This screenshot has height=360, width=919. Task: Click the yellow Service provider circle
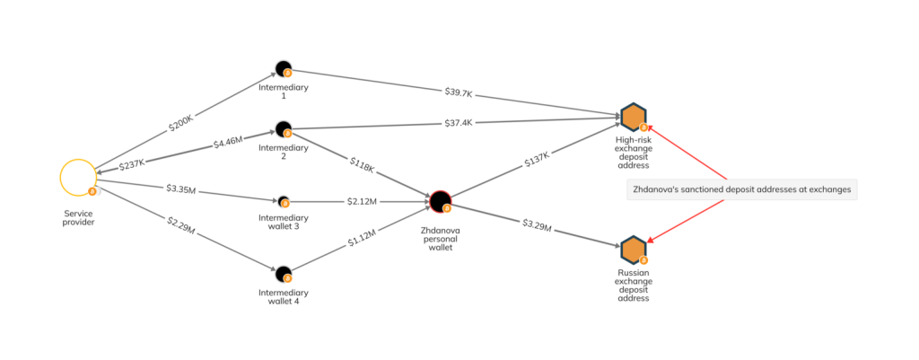click(77, 176)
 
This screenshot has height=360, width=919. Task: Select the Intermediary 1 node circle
click(283, 69)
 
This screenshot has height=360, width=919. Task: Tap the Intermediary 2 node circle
click(283, 128)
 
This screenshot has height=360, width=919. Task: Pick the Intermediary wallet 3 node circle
click(284, 201)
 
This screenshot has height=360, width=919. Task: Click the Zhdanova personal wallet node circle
click(439, 201)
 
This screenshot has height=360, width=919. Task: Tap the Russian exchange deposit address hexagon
click(633, 250)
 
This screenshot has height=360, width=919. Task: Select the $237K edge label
click(129, 162)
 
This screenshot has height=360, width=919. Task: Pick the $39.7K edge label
click(459, 92)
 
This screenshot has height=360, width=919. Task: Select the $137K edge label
click(536, 160)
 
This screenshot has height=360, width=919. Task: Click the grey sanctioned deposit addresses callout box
click(741, 189)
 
